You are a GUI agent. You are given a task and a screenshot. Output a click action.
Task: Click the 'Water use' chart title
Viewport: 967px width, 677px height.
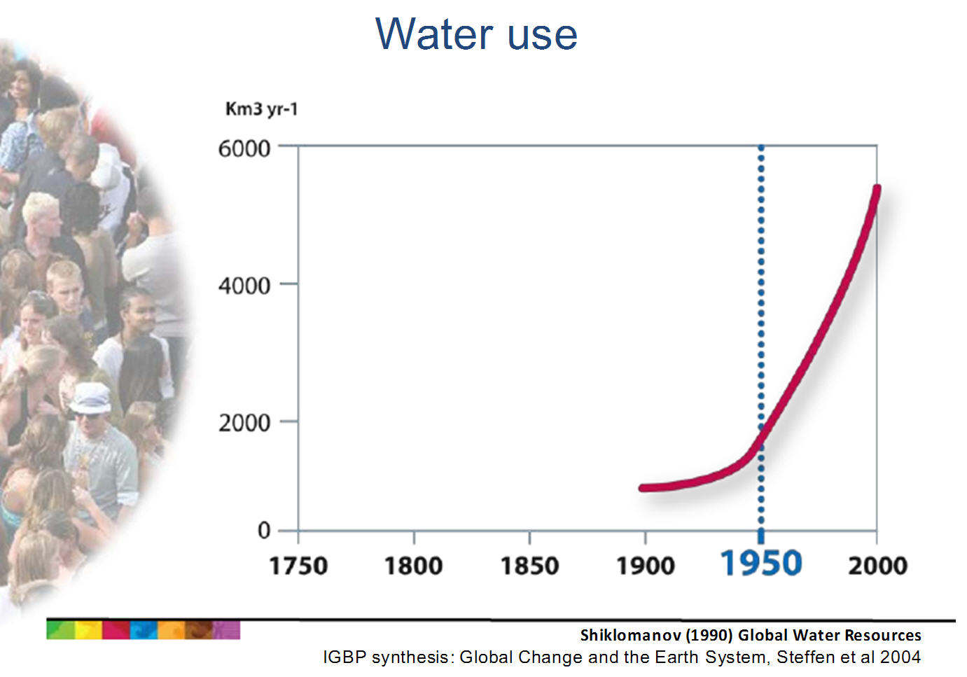tap(476, 34)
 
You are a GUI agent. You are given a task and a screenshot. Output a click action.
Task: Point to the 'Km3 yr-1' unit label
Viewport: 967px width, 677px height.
tap(262, 109)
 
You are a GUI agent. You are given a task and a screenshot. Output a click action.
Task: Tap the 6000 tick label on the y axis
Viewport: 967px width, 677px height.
tap(244, 149)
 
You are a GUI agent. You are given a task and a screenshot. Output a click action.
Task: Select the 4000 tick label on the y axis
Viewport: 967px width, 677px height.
tap(244, 286)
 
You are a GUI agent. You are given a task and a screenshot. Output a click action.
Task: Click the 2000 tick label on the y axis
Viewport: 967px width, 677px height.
tap(244, 424)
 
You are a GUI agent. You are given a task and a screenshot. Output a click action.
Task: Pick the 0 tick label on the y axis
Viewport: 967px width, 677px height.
tap(264, 530)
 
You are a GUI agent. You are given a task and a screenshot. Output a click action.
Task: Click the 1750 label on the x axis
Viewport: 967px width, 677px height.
tap(298, 566)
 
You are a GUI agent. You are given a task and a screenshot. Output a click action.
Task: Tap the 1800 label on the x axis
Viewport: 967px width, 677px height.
tap(414, 566)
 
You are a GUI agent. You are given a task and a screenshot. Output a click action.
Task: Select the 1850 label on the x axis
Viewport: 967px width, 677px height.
tap(529, 566)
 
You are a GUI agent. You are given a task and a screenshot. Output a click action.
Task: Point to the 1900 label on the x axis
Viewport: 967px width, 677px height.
tap(646, 566)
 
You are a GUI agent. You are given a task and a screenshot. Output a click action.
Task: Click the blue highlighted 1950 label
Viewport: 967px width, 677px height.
tap(761, 564)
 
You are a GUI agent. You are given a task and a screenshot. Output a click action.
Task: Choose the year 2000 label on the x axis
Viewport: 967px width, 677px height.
tap(877, 566)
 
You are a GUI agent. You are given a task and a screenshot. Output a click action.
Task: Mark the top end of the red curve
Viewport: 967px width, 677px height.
tap(877, 188)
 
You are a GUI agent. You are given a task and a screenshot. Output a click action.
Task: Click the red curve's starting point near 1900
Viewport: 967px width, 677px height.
tap(642, 488)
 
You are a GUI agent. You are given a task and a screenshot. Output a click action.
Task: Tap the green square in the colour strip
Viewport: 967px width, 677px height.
tap(60, 630)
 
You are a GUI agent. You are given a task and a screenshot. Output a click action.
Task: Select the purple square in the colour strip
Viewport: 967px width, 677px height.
tap(226, 630)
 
